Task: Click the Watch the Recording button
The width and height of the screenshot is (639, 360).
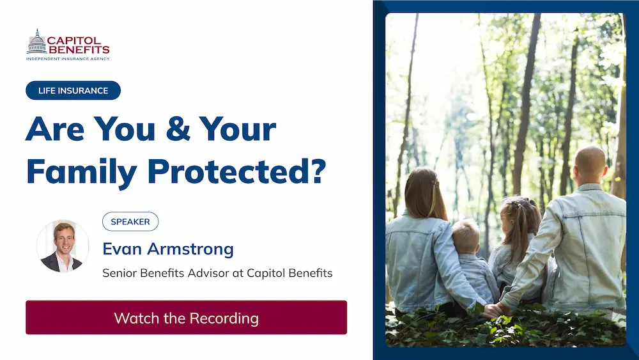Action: (186, 318)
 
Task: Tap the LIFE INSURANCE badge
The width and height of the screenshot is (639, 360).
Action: (73, 91)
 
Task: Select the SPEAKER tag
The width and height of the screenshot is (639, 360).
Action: (130, 222)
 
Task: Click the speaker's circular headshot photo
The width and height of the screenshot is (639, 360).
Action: (63, 246)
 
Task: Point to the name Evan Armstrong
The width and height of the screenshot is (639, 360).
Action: (168, 249)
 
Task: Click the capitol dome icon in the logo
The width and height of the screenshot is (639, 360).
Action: (36, 42)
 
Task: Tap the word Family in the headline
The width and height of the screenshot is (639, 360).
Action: (82, 172)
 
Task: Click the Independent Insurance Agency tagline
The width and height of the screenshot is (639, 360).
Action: (68, 59)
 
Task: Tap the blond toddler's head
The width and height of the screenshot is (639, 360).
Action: (466, 236)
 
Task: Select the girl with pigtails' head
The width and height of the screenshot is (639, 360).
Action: (519, 215)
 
